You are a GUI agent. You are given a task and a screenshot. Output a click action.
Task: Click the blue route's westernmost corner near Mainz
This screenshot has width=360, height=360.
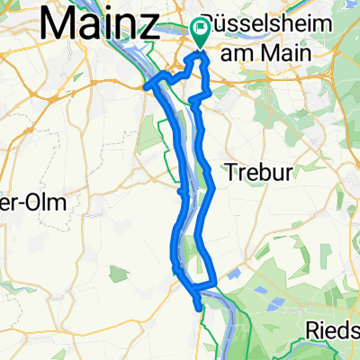pos(147,86)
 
